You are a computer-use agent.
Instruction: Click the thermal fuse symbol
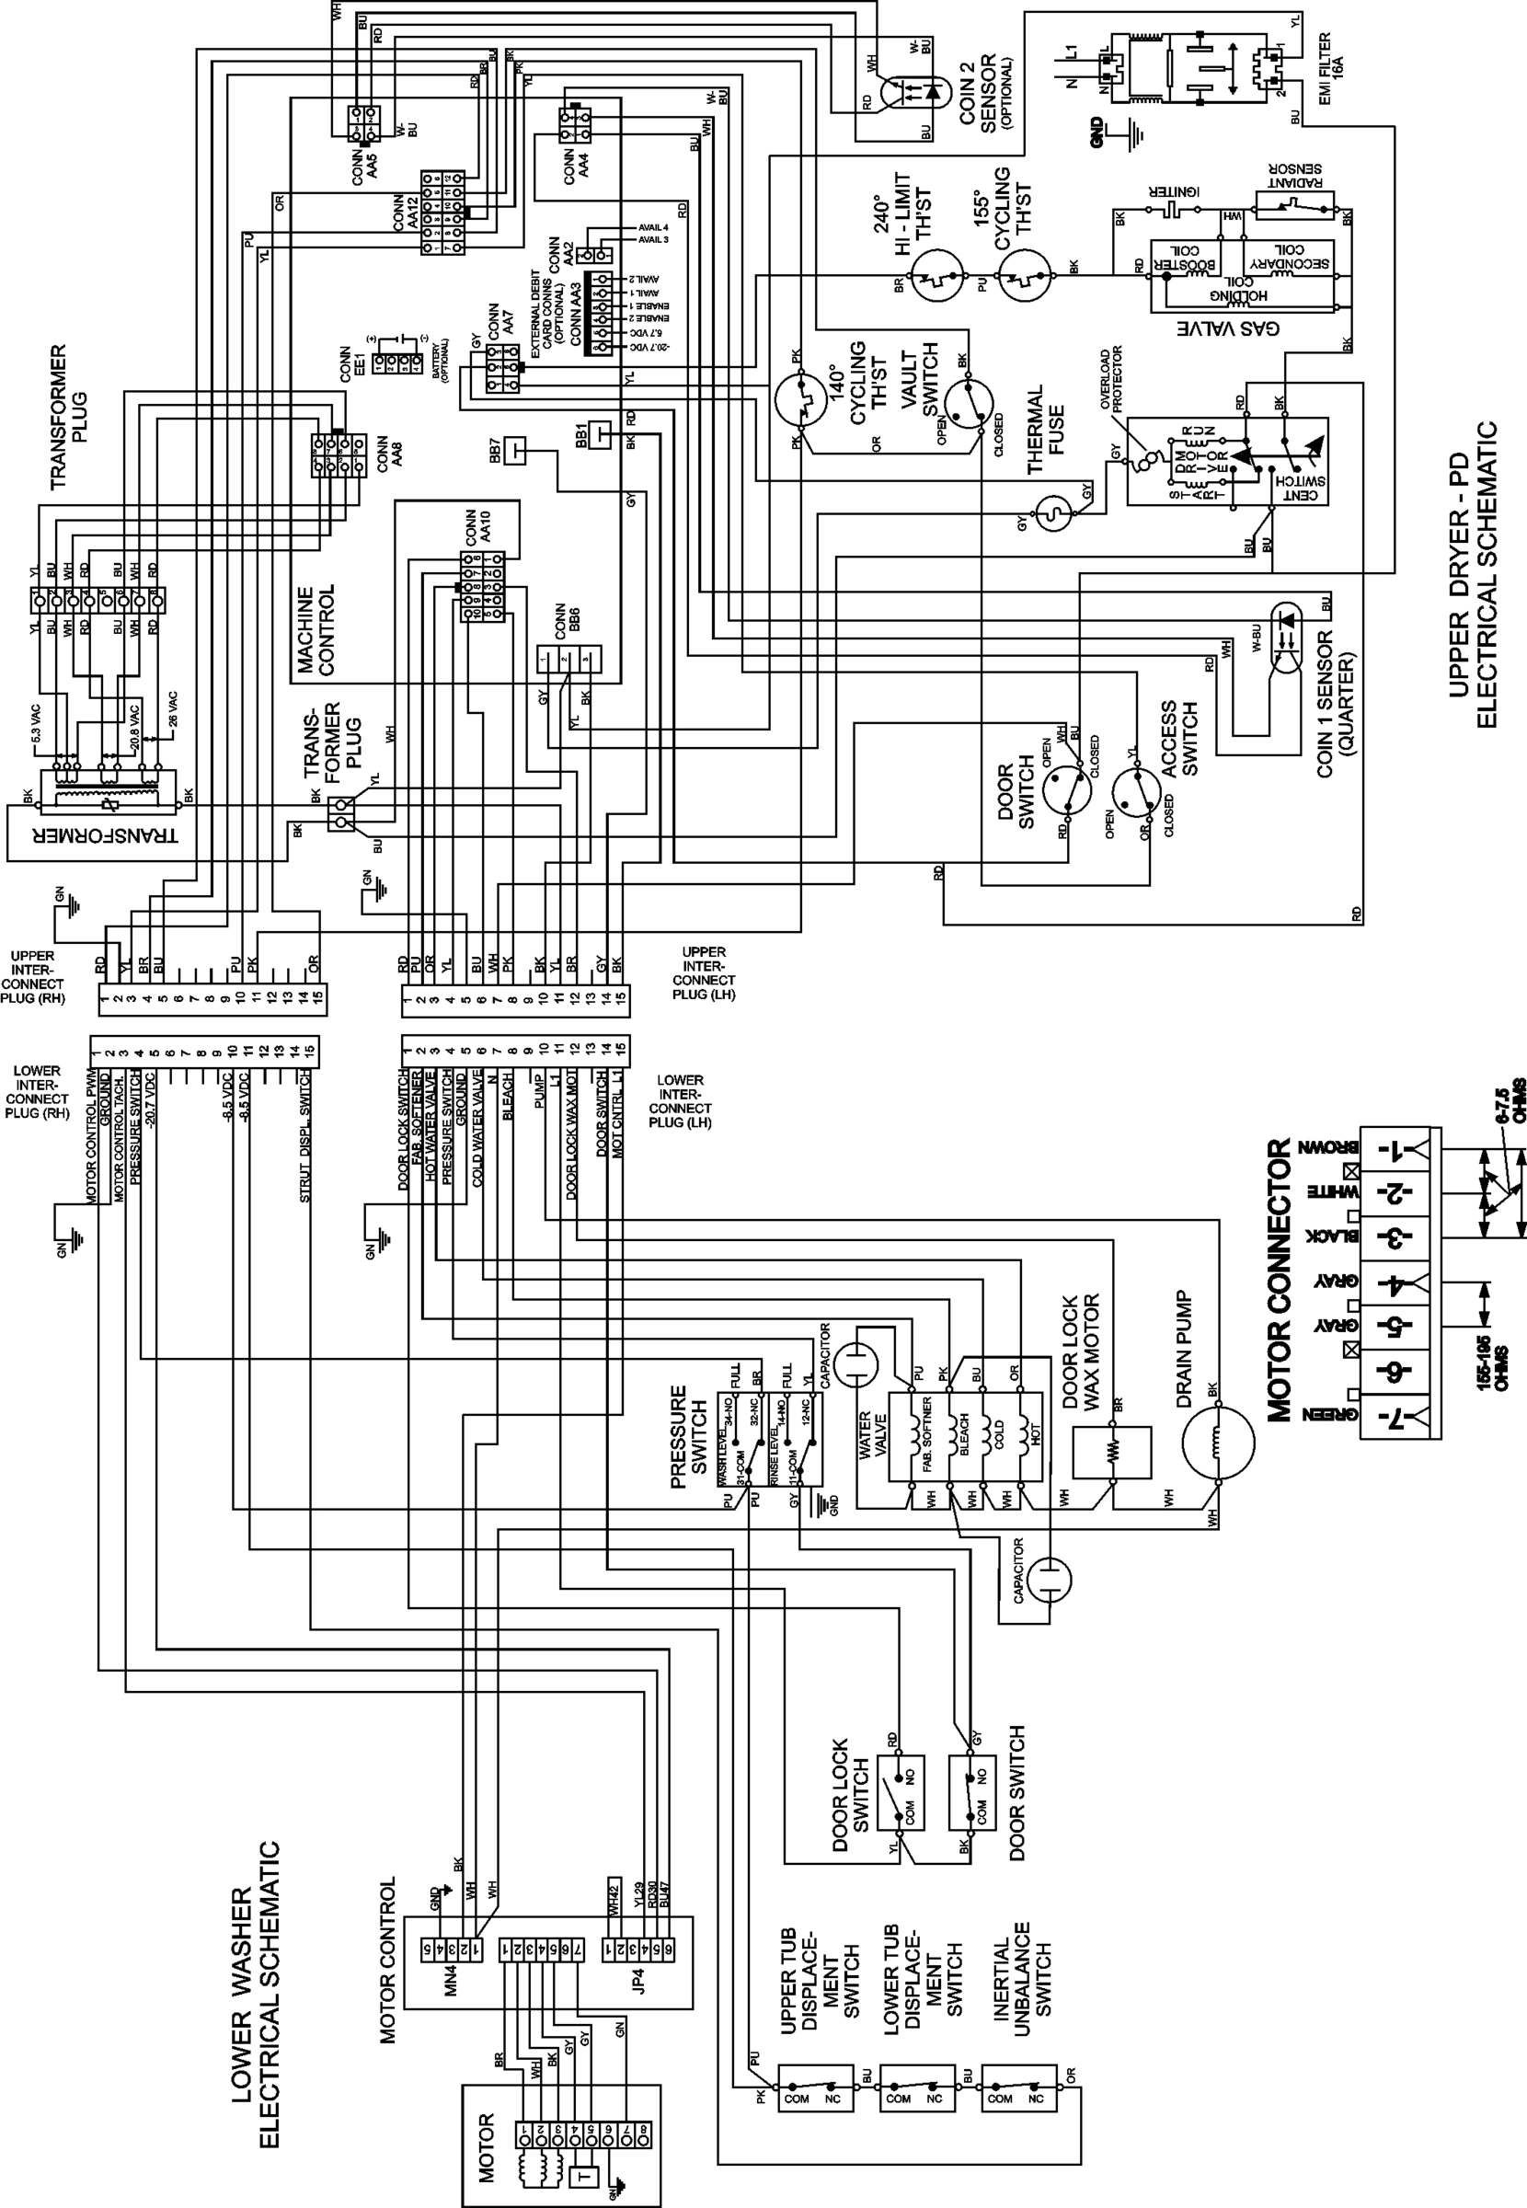click(x=1052, y=513)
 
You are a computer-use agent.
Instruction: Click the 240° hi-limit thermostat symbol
click(x=934, y=277)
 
